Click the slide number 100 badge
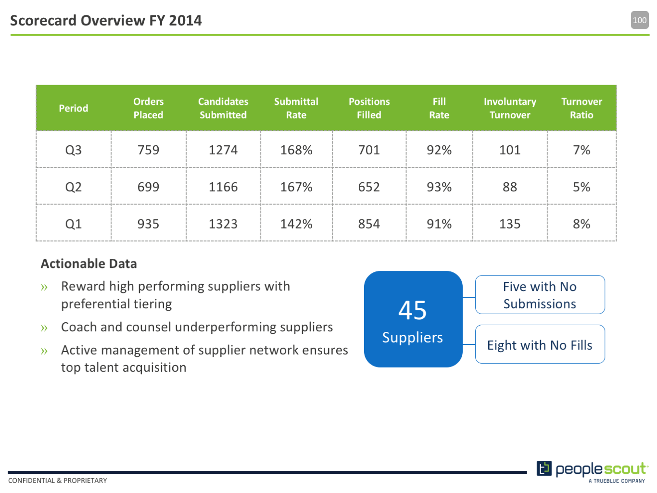pos(639,20)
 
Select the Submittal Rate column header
pos(296,108)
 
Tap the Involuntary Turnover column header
pos(510,108)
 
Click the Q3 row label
pos(73,150)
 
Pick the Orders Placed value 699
pos(148,187)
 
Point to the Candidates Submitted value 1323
pos(223,224)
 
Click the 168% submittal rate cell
pos(296,150)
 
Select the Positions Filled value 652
pos(369,187)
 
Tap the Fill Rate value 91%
pos(439,224)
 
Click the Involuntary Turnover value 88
pos(510,187)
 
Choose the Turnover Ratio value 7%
pos(581,150)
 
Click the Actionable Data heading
pos(88,264)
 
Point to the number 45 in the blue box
pos(412,310)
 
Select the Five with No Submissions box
pos(540,294)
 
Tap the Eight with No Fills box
pos(540,344)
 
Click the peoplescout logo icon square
pos(544,468)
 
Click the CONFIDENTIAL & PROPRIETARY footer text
pos(57,480)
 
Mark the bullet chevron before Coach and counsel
pos(44,328)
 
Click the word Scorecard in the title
pos(44,21)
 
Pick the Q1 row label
pos(73,224)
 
